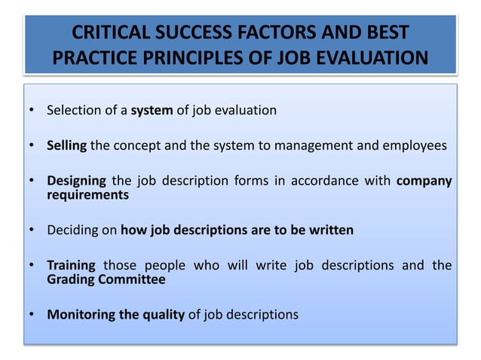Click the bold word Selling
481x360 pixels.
coord(67,145)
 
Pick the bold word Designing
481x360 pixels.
coord(75,181)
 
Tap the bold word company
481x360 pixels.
coord(424,181)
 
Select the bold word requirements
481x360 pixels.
coord(87,194)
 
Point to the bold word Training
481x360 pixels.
coord(71,265)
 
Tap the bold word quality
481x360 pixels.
coord(163,314)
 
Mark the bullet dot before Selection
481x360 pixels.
coord(32,111)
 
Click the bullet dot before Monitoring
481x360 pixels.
coord(32,314)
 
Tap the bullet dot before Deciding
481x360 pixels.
coord(32,230)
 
